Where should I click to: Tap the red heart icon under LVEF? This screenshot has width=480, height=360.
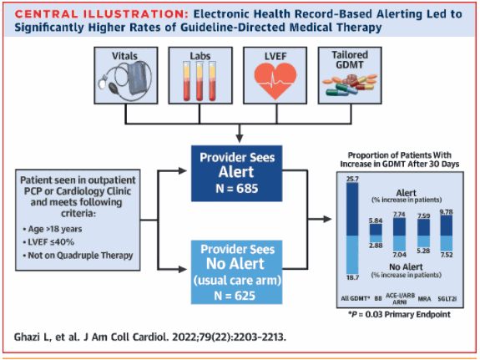(x=275, y=81)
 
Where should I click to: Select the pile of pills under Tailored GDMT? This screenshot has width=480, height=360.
(x=350, y=84)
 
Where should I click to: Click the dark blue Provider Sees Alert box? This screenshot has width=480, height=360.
(x=236, y=174)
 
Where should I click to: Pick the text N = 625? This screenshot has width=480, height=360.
(x=235, y=296)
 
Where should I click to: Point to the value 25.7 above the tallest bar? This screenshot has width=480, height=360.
(x=352, y=179)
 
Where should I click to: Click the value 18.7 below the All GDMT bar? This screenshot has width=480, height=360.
(x=352, y=277)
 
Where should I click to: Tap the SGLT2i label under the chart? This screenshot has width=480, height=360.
(x=447, y=299)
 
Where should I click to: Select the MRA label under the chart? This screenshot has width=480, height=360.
(x=424, y=299)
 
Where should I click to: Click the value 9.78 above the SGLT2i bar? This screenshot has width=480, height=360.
(x=447, y=212)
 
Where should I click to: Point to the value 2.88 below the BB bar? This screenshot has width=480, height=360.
(x=376, y=246)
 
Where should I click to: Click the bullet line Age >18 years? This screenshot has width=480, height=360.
(x=53, y=229)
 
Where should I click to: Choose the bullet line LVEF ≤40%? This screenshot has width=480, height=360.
(x=48, y=242)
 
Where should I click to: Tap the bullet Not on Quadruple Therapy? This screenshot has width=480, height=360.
(x=78, y=256)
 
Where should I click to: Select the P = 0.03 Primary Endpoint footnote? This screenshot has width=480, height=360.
(x=399, y=315)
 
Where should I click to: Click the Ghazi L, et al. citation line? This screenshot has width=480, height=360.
(x=150, y=337)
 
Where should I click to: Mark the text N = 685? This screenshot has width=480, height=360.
(x=236, y=189)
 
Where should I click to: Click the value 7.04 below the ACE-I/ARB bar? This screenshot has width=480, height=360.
(x=399, y=255)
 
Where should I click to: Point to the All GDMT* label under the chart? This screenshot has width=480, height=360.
(x=356, y=299)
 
